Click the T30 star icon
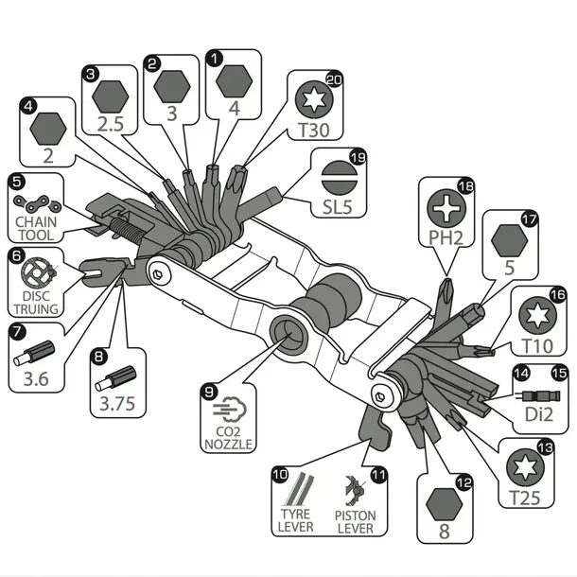[314, 99]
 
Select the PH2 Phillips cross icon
[446, 207]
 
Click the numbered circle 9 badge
[209, 392]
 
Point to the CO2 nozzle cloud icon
[230, 410]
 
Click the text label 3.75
[117, 404]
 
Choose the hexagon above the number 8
[444, 504]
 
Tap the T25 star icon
[525, 467]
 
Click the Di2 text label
[539, 414]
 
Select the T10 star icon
[537, 315]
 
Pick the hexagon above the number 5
[509, 240]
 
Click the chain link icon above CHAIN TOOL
[37, 203]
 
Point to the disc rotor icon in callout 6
[39, 272]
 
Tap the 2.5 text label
[110, 124]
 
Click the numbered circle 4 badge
[28, 106]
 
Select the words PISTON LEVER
[355, 522]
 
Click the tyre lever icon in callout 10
[298, 489]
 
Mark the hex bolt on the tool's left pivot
[158, 274]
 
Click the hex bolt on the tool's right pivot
[380, 397]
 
